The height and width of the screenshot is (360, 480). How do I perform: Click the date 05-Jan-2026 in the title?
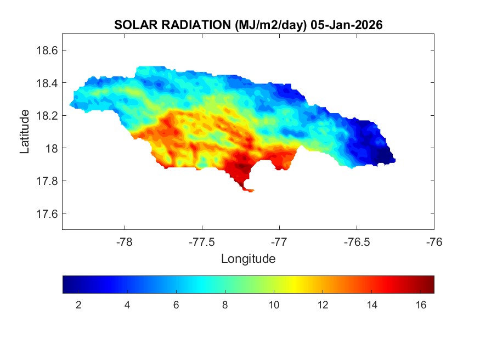(346, 25)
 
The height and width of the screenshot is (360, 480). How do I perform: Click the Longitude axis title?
(248, 258)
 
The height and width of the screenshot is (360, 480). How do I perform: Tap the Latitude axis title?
(25, 132)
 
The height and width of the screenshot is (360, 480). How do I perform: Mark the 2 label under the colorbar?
(78, 305)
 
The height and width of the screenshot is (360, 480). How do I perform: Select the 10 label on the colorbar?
(273, 305)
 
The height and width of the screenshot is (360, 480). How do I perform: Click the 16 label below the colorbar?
(420, 305)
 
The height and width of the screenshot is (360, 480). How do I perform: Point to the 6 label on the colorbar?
(176, 305)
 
